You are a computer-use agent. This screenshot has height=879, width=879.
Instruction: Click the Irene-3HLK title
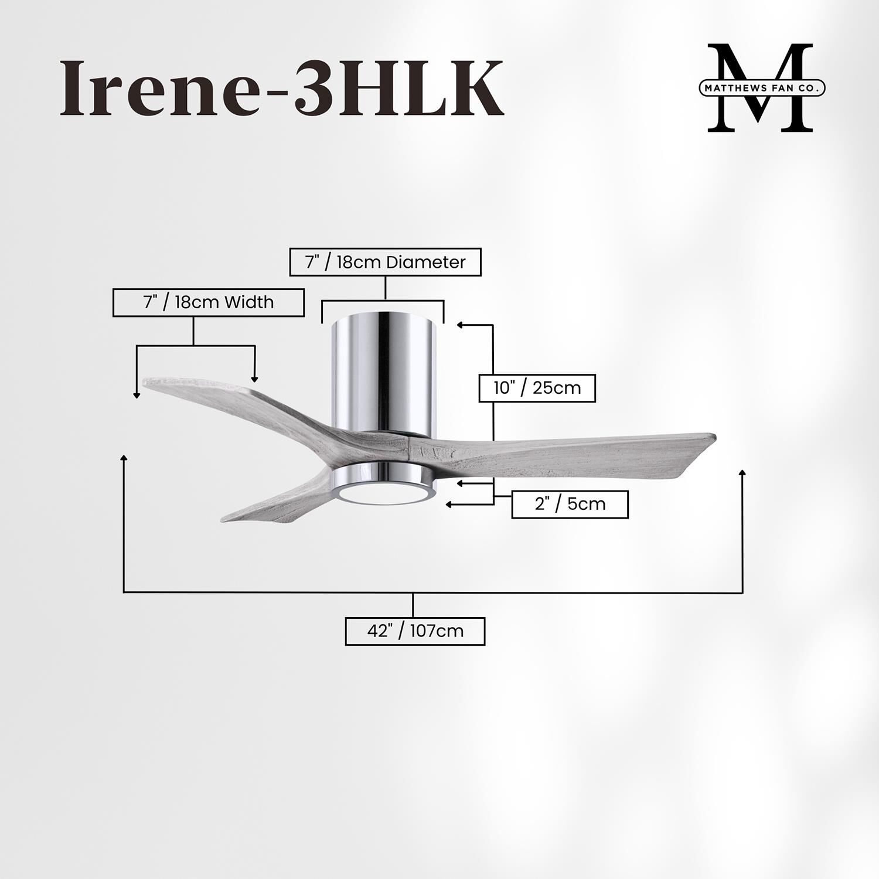click(x=281, y=88)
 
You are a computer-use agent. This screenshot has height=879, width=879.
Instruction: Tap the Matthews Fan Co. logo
click(x=760, y=87)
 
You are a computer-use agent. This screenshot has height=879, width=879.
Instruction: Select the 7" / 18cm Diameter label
click(x=385, y=262)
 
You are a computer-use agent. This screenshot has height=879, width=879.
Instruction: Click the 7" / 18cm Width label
click(x=208, y=302)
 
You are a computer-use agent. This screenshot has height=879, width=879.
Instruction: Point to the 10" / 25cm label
click(x=537, y=387)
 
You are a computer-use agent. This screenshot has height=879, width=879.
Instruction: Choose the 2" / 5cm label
click(x=570, y=504)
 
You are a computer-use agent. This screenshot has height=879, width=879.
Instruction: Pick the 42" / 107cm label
click(x=415, y=631)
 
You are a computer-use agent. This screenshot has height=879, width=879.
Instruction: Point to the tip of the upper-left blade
click(x=148, y=381)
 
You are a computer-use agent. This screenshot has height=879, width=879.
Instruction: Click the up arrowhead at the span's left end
click(x=124, y=458)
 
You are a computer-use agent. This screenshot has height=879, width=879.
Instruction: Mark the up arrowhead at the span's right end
click(x=742, y=473)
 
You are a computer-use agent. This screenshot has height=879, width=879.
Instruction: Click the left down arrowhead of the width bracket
click(x=137, y=396)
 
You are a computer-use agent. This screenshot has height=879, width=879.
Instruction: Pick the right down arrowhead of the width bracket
click(x=254, y=379)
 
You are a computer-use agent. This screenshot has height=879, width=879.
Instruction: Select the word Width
click(x=249, y=302)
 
